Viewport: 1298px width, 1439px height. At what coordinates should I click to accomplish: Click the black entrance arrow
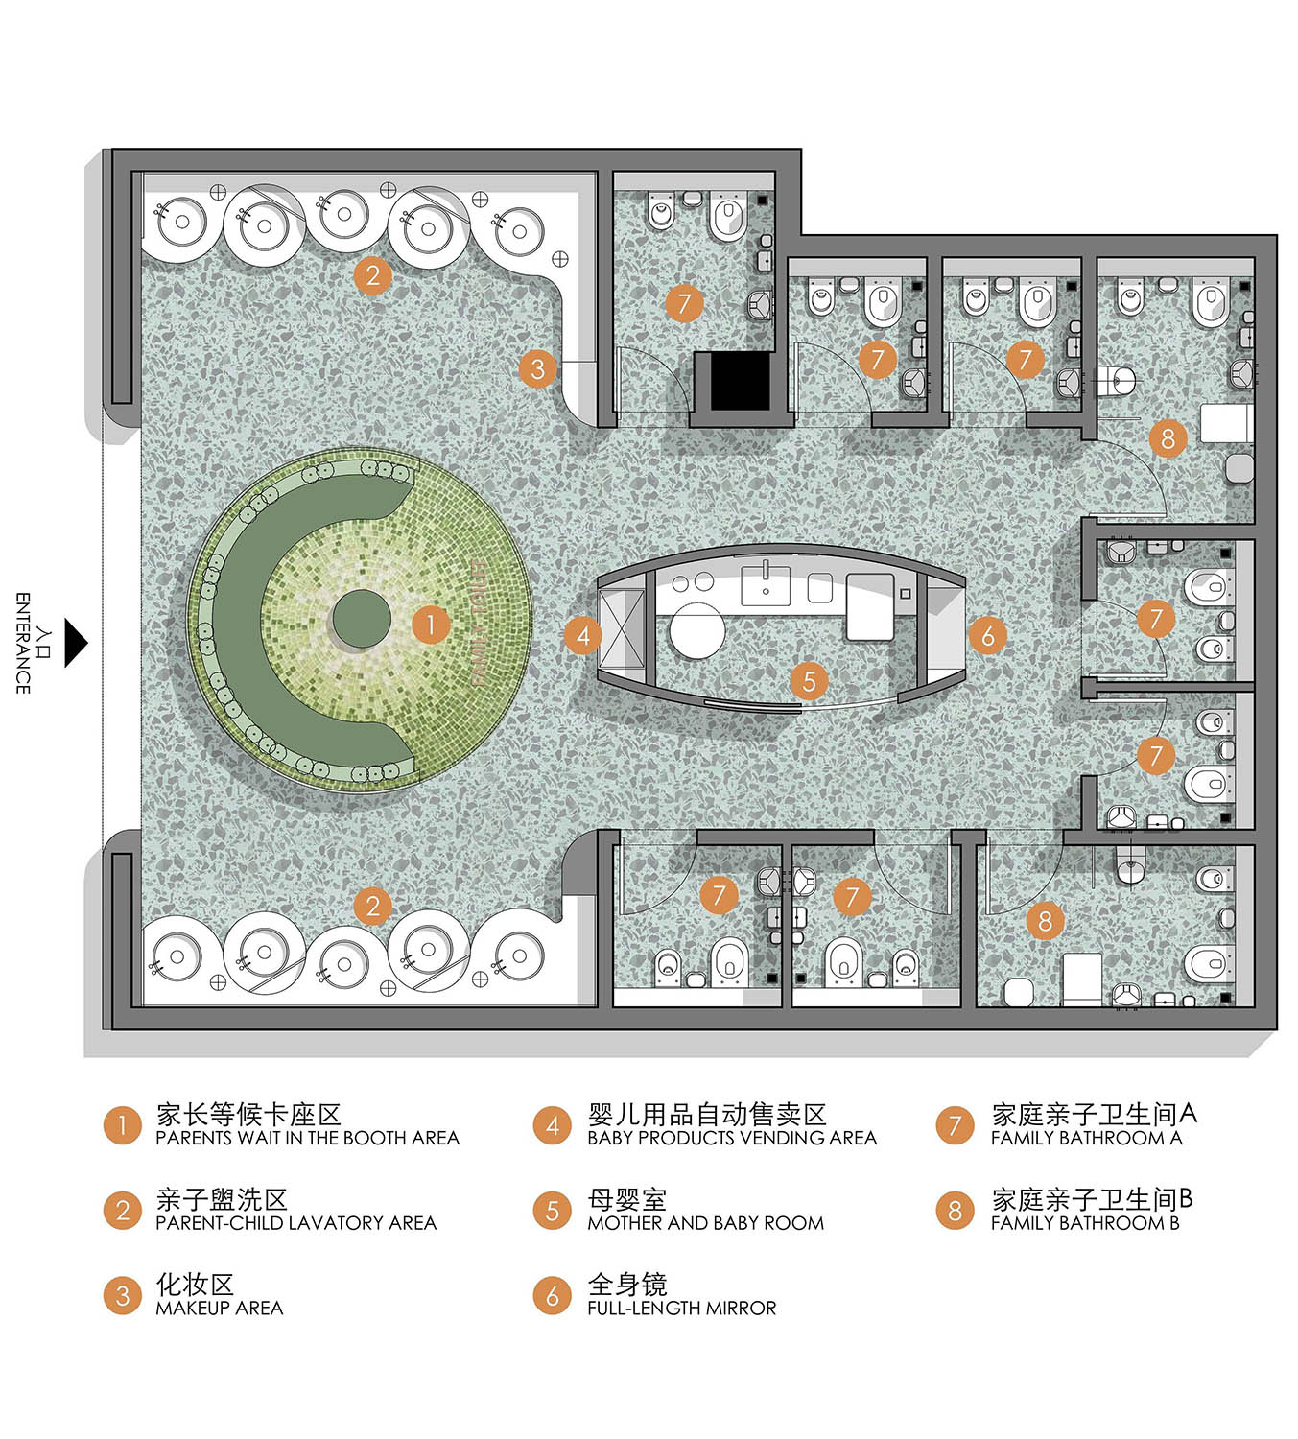pyautogui.click(x=75, y=643)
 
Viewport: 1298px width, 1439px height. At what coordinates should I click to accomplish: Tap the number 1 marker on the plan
pyautogui.click(x=431, y=625)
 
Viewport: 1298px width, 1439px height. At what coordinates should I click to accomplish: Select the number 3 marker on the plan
pyautogui.click(x=537, y=368)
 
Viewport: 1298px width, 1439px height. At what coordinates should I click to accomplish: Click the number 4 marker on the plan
pyautogui.click(x=582, y=634)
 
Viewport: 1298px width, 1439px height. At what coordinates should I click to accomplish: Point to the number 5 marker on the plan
pyautogui.click(x=809, y=681)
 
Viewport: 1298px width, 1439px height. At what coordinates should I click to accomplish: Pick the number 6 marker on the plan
pyautogui.click(x=987, y=634)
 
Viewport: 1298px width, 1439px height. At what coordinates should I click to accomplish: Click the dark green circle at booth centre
pyautogui.click(x=362, y=619)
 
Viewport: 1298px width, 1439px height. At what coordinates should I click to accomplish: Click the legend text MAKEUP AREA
pyautogui.click(x=219, y=1309)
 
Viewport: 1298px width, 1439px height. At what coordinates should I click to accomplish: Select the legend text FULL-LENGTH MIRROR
pyautogui.click(x=681, y=1309)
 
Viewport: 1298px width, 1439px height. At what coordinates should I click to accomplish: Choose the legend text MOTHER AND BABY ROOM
pyautogui.click(x=705, y=1223)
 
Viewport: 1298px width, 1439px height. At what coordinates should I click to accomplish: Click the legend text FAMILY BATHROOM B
pyautogui.click(x=1084, y=1223)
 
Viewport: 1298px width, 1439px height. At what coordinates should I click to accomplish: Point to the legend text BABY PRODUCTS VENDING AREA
pyautogui.click(x=732, y=1139)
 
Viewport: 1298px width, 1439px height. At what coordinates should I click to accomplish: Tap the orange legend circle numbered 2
pyautogui.click(x=122, y=1210)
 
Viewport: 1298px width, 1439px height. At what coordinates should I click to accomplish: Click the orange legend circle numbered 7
pyautogui.click(x=955, y=1125)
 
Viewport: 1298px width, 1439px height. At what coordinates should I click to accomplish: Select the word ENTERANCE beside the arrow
pyautogui.click(x=22, y=643)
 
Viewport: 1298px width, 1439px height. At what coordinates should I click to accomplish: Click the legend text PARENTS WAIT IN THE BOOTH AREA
pyautogui.click(x=307, y=1139)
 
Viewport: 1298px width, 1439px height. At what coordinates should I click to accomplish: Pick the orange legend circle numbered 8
pyautogui.click(x=955, y=1210)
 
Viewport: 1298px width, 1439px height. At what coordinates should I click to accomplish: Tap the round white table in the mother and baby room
pyautogui.click(x=696, y=630)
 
